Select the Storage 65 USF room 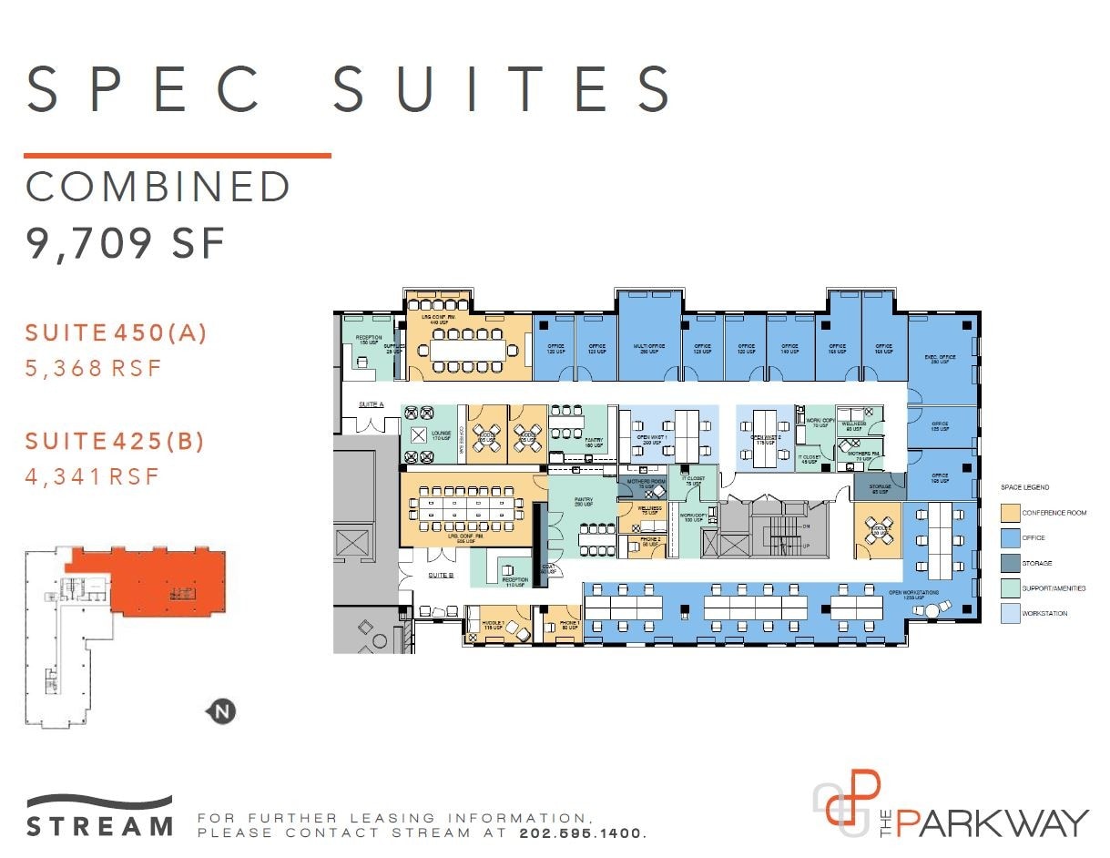[879, 489]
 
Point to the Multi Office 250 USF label [647, 349]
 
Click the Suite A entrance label [372, 403]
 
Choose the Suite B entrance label [441, 575]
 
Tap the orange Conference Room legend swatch [1009, 513]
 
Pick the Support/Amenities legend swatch [1009, 588]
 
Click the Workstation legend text [1044, 614]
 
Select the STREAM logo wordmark [100, 827]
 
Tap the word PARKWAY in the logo [992, 822]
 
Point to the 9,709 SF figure [126, 245]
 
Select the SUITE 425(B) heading [115, 442]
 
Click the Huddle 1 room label [494, 626]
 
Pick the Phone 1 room [562, 626]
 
